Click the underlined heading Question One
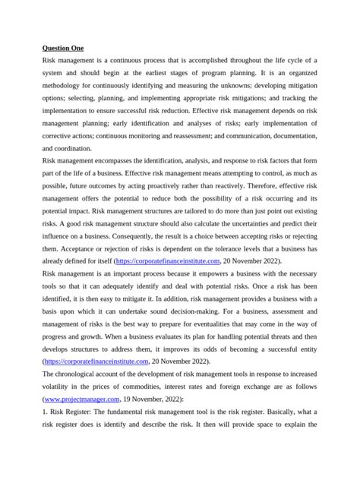tap(63, 48)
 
